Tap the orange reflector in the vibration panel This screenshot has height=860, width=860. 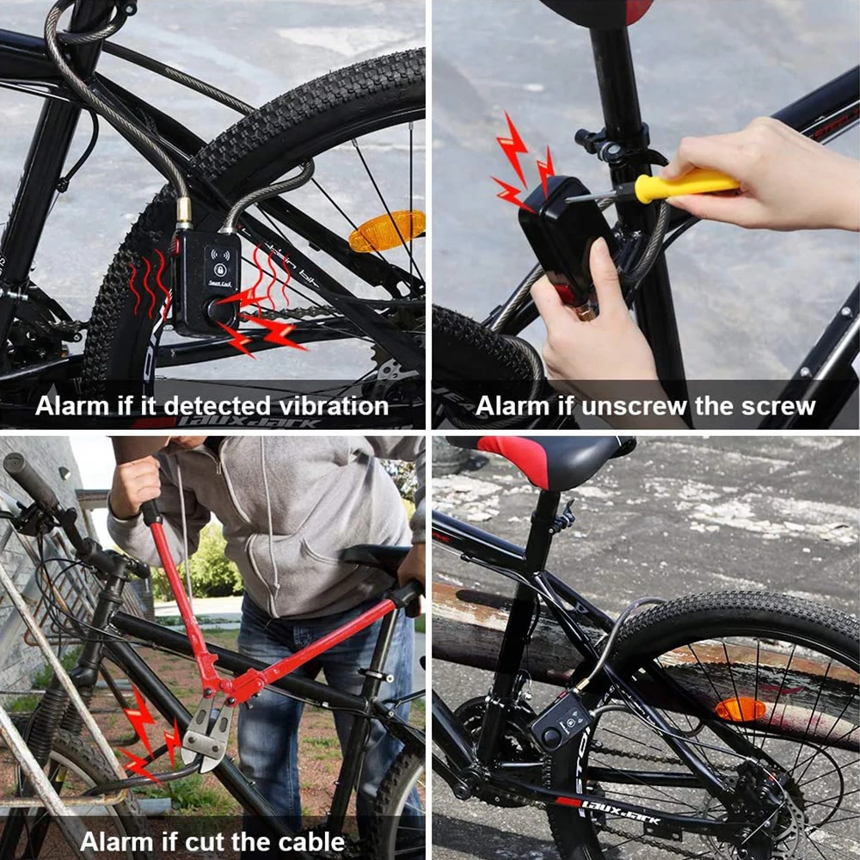pos(387,230)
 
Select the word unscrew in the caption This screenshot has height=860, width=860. pos(633,405)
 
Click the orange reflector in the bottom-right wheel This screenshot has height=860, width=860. pos(740,709)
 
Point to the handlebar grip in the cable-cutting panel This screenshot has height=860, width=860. pos(31,478)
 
